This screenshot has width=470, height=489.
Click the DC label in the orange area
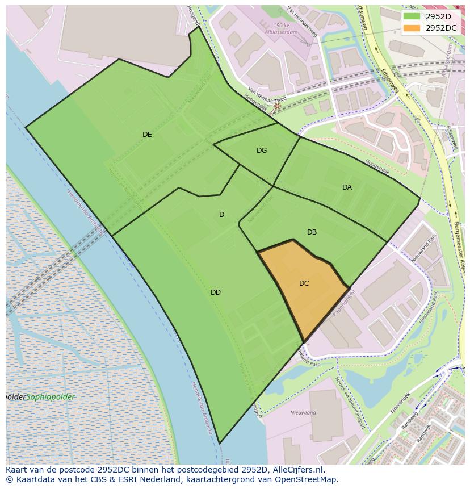point(304,283)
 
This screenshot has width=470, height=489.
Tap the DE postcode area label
point(147,135)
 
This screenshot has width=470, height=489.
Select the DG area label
point(261,151)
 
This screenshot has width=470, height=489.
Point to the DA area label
point(347,187)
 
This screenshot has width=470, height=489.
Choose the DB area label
point(312,232)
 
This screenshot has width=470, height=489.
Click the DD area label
point(216,292)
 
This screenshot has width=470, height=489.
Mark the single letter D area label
point(221,214)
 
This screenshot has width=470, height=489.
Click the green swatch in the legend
point(412,16)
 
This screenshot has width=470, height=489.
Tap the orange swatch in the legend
point(412,28)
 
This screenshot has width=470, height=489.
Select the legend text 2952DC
point(441,28)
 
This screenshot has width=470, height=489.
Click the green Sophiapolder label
point(51,397)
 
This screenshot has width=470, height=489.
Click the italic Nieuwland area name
point(303,413)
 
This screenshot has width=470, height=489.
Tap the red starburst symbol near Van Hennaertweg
point(277,106)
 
